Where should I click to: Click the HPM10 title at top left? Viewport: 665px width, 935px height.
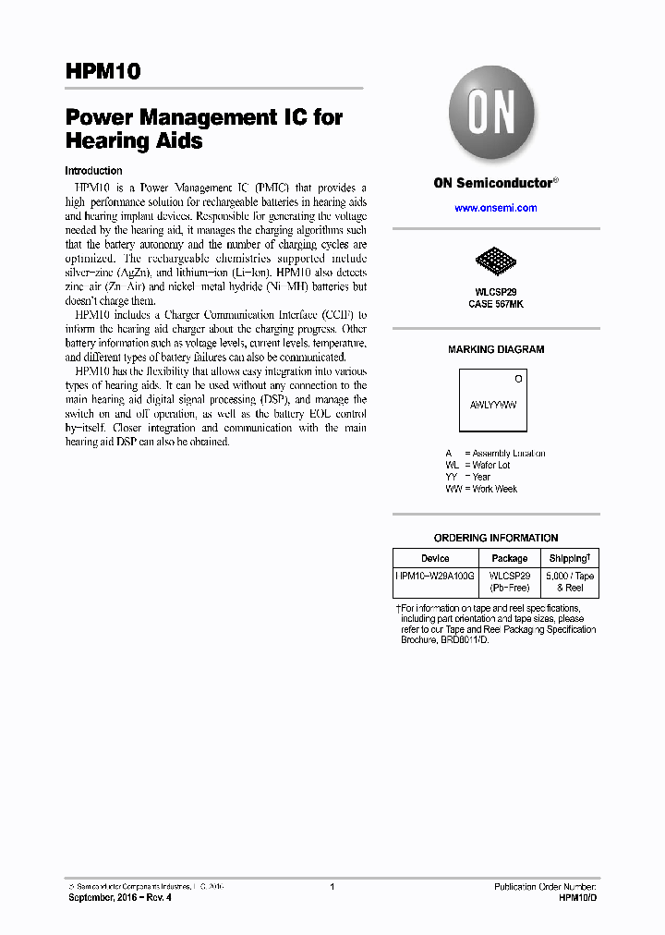103,72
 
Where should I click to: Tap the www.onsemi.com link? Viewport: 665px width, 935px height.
495,208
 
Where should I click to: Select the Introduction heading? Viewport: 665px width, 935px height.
93,171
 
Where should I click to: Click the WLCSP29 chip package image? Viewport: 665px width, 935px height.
495,264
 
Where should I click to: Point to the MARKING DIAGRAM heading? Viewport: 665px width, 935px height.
496,349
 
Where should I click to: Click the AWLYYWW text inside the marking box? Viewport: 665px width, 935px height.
492,405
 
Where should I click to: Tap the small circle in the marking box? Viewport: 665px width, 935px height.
518,379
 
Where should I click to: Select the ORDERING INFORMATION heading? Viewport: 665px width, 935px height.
496,538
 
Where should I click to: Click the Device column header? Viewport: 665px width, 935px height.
435,558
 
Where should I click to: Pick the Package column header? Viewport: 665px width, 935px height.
509,558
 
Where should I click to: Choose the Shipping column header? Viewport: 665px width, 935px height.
569,558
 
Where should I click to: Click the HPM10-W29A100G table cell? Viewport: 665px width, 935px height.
435,576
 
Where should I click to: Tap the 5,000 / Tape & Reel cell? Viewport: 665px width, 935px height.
570,581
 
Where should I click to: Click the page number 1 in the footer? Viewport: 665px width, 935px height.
332,886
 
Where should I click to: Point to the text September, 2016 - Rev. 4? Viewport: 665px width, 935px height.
120,897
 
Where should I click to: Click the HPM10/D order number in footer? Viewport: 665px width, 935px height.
578,897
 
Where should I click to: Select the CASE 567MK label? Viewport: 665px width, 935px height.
495,304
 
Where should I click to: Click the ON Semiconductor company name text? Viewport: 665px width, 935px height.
492,183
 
